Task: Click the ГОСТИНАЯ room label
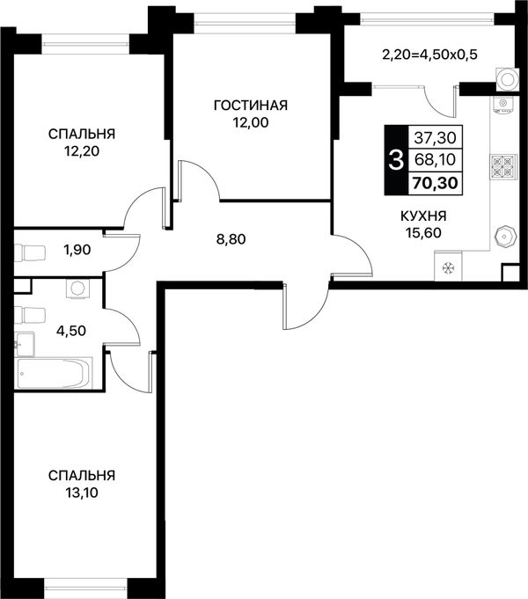[251, 106]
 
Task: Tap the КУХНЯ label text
[423, 216]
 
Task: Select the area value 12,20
[82, 151]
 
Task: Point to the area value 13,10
[82, 493]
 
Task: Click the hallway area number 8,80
[231, 239]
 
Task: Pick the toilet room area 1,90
[77, 250]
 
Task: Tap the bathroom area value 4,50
[71, 331]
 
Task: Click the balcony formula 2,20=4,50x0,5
[429, 55]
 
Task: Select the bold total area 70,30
[435, 183]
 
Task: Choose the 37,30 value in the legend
[436, 137]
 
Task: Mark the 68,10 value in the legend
[436, 159]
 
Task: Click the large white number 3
[396, 160]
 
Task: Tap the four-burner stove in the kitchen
[502, 167]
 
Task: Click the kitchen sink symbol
[503, 106]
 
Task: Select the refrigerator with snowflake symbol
[448, 267]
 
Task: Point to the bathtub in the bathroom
[54, 373]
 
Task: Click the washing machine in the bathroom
[78, 289]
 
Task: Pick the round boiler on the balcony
[508, 80]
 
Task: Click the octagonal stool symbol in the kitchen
[505, 237]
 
